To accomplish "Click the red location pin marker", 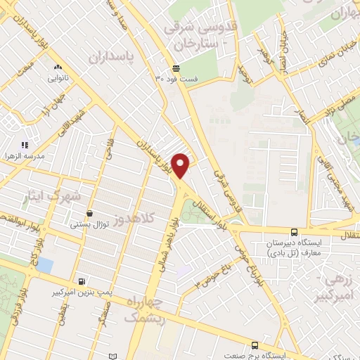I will (x=181, y=165).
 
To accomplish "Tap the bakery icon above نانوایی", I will (x=58, y=68).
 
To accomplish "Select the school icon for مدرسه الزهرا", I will (x=25, y=144).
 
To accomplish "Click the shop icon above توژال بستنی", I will (x=89, y=214).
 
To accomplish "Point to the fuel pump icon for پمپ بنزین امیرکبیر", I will (x=83, y=279).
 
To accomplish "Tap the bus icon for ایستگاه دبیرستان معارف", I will (x=294, y=232).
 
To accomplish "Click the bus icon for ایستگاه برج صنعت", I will (x=255, y=345).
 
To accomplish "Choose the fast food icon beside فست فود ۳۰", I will (x=176, y=68).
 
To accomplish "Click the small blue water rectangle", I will (x=44, y=264).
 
